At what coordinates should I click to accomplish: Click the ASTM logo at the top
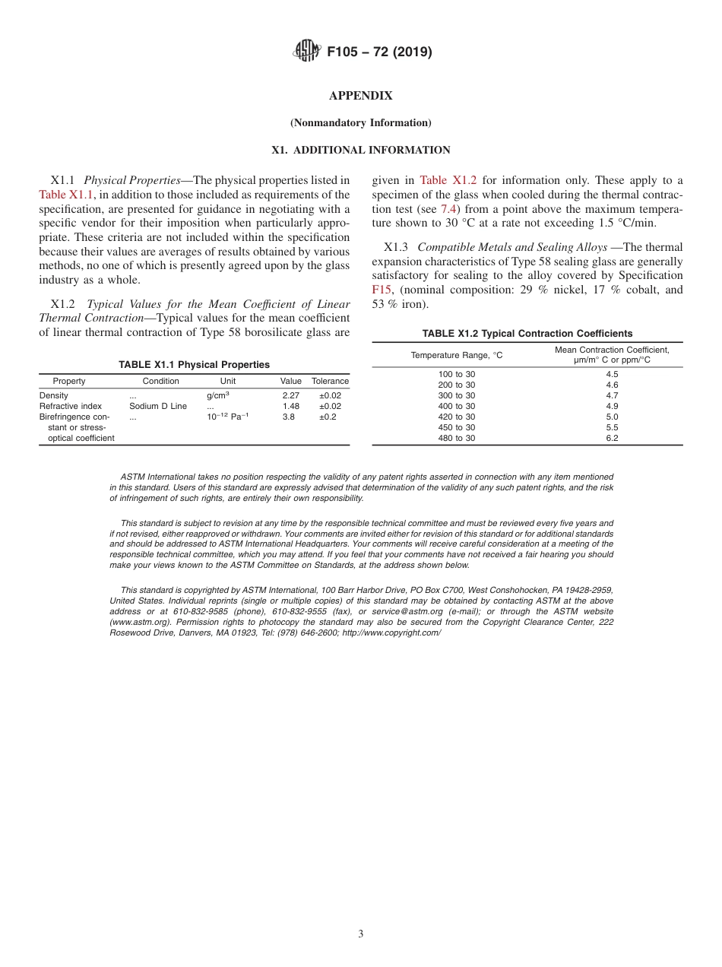tap(307, 52)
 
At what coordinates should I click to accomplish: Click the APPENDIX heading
tap(360, 96)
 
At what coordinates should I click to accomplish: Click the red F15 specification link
tap(380, 290)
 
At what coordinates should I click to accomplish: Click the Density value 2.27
tap(290, 395)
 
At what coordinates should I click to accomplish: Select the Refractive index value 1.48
tap(290, 406)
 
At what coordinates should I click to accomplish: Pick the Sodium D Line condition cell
tap(157, 406)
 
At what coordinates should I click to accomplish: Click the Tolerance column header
tap(330, 381)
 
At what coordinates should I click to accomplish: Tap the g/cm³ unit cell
tap(217, 395)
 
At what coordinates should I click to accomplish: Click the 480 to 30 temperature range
tap(457, 438)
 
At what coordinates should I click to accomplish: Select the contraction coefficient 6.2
tap(612, 438)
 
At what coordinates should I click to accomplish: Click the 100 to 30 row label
tap(457, 374)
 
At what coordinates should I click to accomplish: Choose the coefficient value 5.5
tap(612, 427)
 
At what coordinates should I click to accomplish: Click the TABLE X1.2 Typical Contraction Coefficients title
tap(527, 334)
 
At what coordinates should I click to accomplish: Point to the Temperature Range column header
tap(457, 355)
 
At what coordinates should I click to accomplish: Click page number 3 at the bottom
tap(360, 934)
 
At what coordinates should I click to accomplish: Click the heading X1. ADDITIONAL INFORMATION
tap(360, 150)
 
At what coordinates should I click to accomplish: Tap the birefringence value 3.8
tap(288, 417)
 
